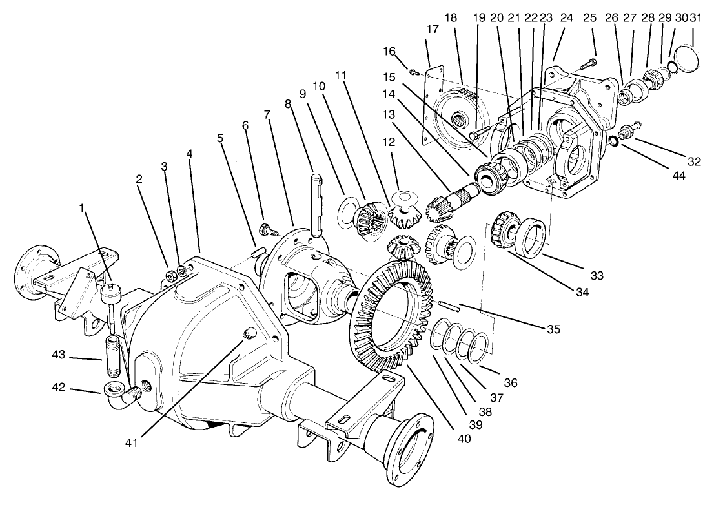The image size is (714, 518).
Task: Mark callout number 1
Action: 81,208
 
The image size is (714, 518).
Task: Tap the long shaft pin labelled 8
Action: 317,200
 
